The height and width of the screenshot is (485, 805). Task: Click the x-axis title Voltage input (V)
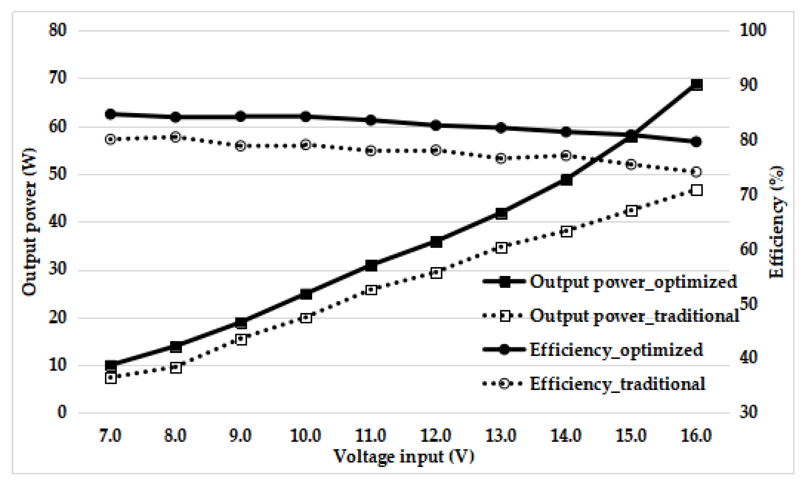403,457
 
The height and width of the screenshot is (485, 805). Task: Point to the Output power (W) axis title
29,222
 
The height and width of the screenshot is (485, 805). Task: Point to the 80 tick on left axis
58,30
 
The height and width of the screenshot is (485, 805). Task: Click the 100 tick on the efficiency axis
752,30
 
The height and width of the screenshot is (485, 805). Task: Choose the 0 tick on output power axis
62,412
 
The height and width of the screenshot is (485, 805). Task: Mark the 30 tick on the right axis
748,412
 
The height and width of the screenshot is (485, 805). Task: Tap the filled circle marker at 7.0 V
110,114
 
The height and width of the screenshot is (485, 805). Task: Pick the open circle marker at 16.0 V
697,172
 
